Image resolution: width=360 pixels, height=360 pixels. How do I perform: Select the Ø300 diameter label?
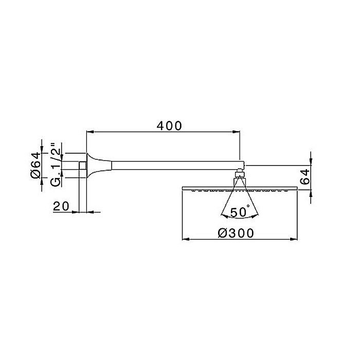coord(236,232)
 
